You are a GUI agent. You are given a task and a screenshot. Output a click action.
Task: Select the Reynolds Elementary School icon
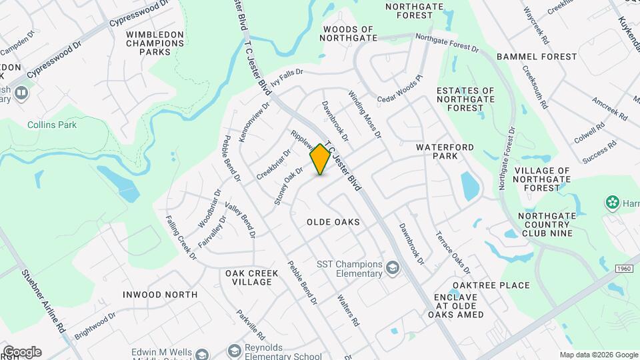coord(234,351)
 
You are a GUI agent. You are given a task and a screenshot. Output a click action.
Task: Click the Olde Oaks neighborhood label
coord(333,222)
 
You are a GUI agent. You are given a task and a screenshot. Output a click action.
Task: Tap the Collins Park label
coord(52,125)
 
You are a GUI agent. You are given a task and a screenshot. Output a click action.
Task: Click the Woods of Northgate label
coord(347,33)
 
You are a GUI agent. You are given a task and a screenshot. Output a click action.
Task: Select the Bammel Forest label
coord(545,57)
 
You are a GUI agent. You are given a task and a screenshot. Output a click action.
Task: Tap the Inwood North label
coord(160,294)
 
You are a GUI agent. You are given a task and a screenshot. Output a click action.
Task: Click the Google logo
coord(21,351)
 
